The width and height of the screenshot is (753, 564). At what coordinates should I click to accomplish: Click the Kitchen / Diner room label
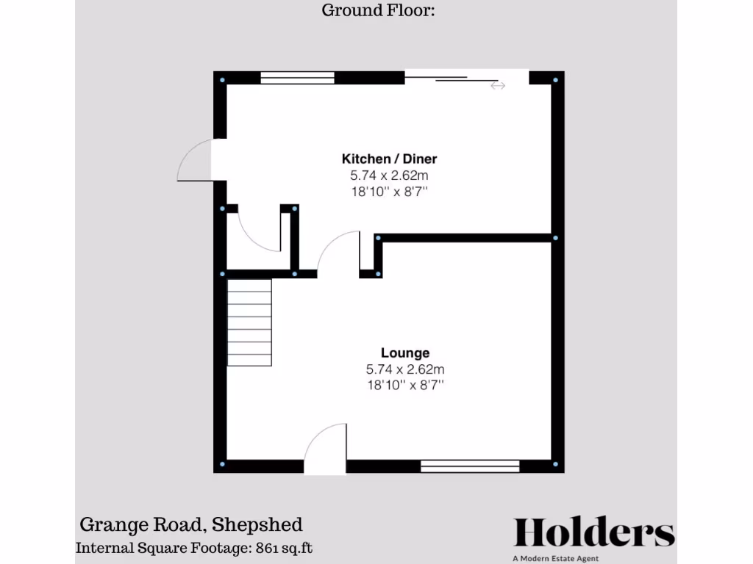click(x=389, y=159)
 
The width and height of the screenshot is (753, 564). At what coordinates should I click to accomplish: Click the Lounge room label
click(x=404, y=353)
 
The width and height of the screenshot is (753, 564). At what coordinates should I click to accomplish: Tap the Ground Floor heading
click(x=379, y=10)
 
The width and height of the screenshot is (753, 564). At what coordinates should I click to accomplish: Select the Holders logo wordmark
click(x=593, y=532)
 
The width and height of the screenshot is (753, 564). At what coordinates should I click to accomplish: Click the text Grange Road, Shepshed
click(x=190, y=524)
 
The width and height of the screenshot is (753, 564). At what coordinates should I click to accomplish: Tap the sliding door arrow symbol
click(x=498, y=86)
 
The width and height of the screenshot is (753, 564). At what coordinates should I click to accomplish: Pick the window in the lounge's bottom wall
click(x=470, y=465)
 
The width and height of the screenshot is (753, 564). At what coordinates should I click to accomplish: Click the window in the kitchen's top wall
click(x=297, y=78)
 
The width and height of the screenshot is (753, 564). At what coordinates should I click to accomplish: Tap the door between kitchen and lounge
click(x=338, y=253)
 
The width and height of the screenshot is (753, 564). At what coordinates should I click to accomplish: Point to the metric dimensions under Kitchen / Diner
click(x=389, y=176)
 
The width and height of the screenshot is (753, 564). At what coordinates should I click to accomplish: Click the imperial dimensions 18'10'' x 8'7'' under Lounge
click(x=404, y=385)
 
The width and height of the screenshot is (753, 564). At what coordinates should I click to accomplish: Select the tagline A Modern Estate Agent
click(x=556, y=559)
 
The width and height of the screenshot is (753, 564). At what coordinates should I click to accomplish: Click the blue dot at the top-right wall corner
click(x=555, y=79)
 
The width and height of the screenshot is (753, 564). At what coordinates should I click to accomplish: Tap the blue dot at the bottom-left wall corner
click(x=223, y=465)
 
